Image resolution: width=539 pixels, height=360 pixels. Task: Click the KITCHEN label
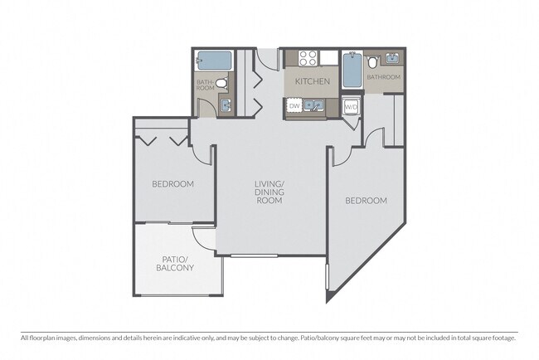313,82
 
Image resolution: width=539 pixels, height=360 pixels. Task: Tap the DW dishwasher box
294,106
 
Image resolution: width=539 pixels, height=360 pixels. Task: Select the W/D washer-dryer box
351,106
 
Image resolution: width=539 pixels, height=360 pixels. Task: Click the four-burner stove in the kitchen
308,58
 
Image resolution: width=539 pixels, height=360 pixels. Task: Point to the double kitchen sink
314,105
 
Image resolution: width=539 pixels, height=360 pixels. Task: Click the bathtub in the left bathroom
213,61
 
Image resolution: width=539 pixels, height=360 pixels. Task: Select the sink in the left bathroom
225,105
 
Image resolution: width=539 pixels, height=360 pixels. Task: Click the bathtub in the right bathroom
352,70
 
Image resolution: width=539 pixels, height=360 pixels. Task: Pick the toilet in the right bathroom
373,61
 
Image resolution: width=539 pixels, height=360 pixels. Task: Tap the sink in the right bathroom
392,60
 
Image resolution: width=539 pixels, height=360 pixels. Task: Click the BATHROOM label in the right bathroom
384,77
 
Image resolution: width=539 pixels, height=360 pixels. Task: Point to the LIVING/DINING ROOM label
269,192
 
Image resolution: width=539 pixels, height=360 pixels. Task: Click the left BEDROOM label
172,184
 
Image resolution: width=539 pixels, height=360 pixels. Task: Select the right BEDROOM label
366,201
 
